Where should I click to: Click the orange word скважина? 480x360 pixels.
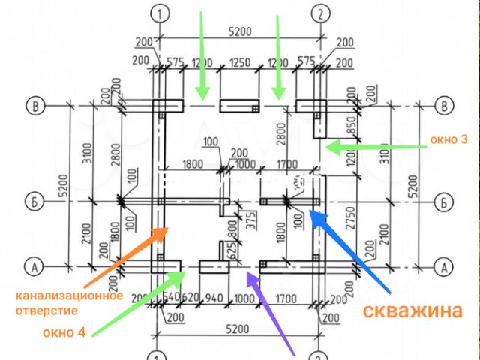coord(412,311)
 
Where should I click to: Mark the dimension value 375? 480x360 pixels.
coord(241,220)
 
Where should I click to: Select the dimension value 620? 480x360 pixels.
coord(191,298)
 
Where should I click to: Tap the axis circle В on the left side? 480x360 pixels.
coord(34,105)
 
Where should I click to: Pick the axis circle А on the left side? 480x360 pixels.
coord(34,265)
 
